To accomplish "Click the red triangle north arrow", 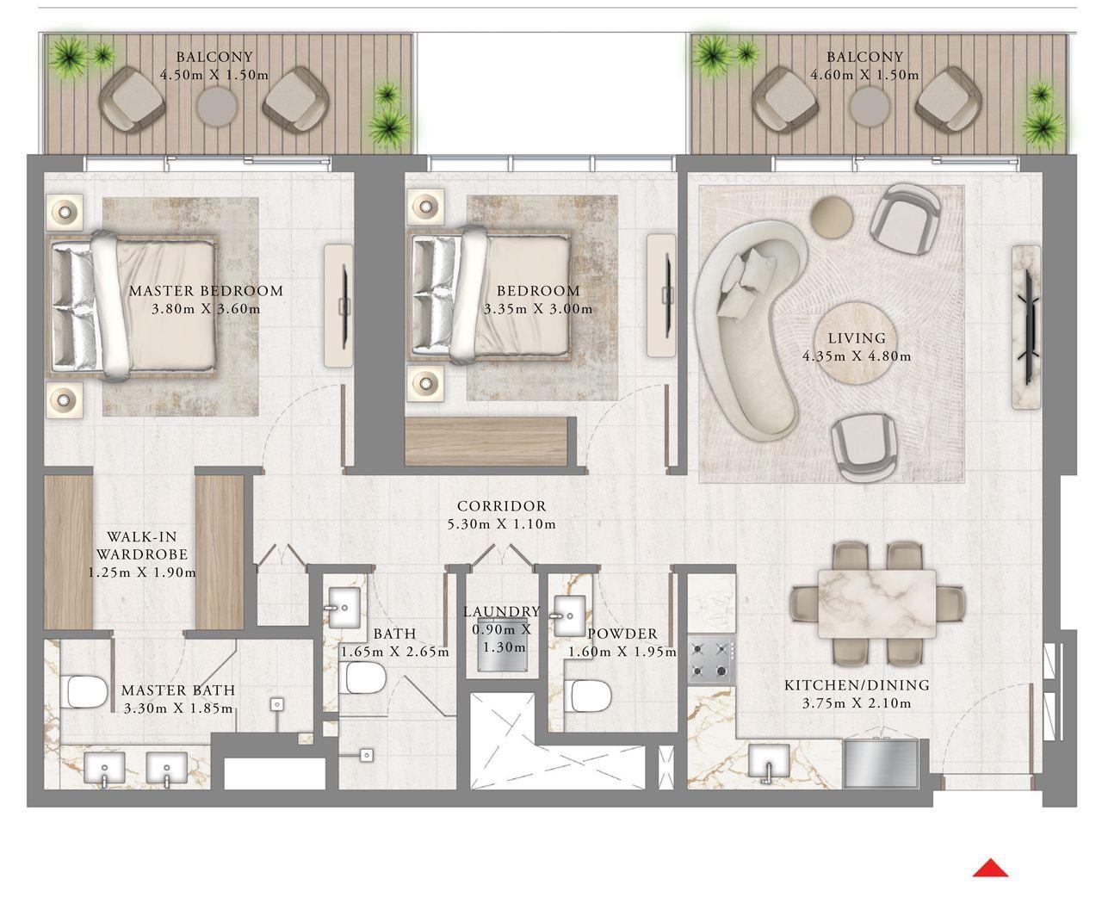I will pyautogui.click(x=990, y=869).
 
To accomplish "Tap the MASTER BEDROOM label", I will pyautogui.click(x=206, y=291).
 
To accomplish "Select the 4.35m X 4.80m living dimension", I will pyautogui.click(x=857, y=356).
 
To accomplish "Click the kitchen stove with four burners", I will pyautogui.click(x=711, y=661).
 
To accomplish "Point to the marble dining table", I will pyautogui.click(x=876, y=603).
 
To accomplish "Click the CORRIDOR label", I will pyautogui.click(x=501, y=506).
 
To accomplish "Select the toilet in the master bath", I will pyautogui.click(x=84, y=691).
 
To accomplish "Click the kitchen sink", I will pyautogui.click(x=765, y=763).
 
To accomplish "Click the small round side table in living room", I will pyautogui.click(x=833, y=215).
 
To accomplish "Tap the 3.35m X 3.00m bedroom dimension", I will pyautogui.click(x=538, y=309).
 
